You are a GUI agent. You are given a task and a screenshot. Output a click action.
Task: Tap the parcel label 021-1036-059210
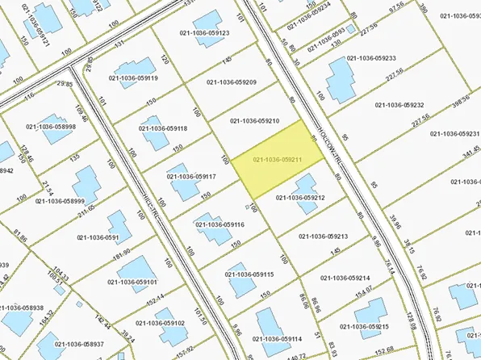pos(254,120)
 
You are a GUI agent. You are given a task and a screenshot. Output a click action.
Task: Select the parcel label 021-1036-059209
pos(231,82)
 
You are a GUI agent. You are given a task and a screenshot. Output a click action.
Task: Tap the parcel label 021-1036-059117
pos(190,176)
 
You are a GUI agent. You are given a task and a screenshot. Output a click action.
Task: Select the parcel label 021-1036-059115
pos(249,274)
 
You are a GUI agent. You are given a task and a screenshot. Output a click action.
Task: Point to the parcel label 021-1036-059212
pos(300,197)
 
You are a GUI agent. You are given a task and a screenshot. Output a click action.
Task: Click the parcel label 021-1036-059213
pos(323,237)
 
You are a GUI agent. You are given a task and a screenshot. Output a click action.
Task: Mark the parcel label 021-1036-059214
pos(348,277)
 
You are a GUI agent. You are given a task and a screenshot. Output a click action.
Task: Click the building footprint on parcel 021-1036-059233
pos(342,81)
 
